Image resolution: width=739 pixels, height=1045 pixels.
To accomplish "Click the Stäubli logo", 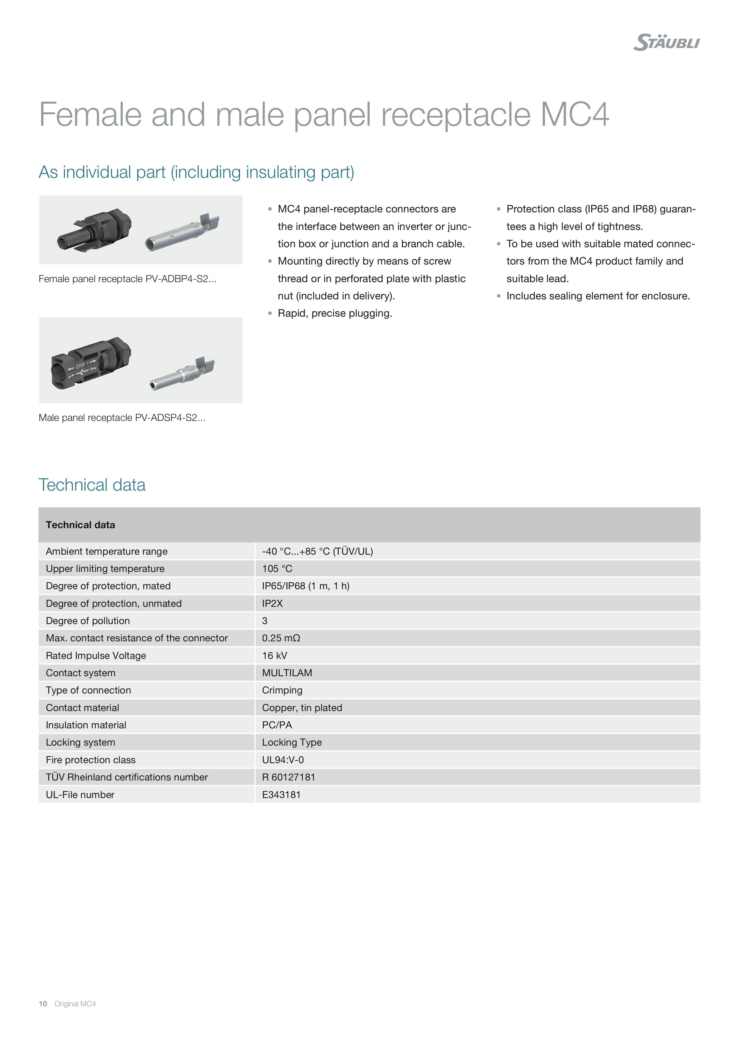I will (666, 42).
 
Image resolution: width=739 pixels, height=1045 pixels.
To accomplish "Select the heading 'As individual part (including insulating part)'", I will (196, 172).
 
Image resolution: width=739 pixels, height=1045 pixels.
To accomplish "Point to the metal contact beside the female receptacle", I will (182, 232).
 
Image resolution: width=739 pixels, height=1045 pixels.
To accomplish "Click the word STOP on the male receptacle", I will (80, 366).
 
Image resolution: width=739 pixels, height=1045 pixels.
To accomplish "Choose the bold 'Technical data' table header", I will (80, 525).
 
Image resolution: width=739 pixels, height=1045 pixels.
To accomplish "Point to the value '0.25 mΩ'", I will (281, 638).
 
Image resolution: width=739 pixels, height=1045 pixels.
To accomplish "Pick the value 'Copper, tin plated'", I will (302, 708).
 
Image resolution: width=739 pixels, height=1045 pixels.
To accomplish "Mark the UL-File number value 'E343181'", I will (281, 795).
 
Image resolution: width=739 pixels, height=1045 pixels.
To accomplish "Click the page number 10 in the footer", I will (43, 1004).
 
